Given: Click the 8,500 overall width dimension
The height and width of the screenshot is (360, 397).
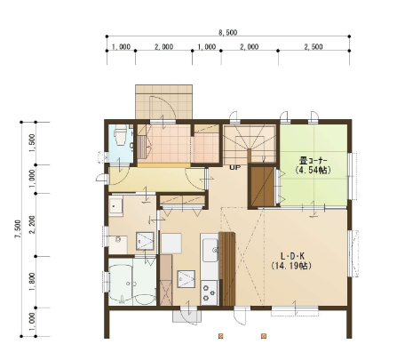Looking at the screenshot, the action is (227, 32).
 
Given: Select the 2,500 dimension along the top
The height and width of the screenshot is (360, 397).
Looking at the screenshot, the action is (314, 46).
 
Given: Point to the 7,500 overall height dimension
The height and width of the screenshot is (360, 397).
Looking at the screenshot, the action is (19, 228).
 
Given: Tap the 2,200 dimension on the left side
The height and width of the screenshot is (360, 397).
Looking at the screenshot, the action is (33, 225).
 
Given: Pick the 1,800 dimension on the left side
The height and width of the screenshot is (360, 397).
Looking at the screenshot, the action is (33, 282).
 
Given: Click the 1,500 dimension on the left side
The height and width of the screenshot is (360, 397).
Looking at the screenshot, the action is (33, 143).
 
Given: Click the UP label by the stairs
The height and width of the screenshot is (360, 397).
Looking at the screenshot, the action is (235, 167).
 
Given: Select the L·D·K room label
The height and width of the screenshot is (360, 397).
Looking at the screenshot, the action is (292, 256).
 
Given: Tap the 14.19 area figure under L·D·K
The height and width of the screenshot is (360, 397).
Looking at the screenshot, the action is (291, 266).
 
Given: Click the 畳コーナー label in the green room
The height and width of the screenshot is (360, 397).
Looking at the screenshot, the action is (313, 161).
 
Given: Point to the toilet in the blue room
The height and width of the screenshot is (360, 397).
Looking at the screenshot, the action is (120, 135).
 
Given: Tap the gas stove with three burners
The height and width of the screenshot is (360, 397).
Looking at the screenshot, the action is (209, 292).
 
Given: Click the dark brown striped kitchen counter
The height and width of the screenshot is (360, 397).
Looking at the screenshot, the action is (226, 268).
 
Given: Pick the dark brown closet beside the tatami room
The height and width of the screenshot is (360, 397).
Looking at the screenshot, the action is (263, 186).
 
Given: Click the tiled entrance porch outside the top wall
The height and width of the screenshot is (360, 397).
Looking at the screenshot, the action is (163, 102).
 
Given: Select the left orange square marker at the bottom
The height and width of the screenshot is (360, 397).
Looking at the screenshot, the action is (220, 336).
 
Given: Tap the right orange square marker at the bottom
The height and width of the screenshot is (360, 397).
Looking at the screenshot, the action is (264, 336).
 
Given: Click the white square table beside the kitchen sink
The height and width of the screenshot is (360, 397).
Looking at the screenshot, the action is (171, 244).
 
